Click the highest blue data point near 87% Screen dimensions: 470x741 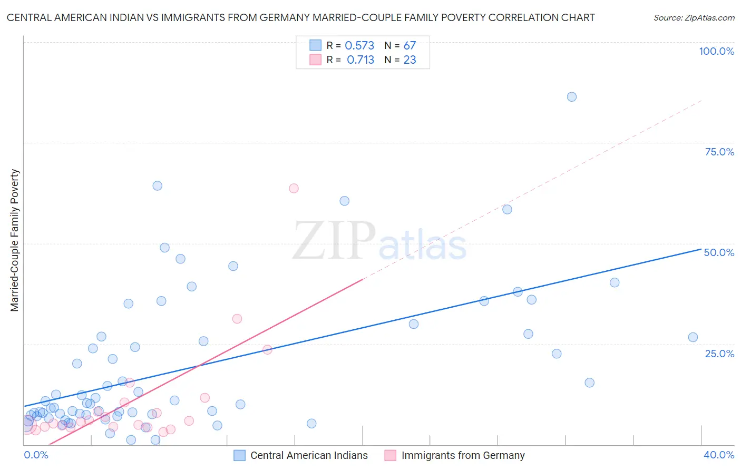[571, 97]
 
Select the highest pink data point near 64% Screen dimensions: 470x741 [294, 189]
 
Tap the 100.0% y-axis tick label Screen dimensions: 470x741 [716, 51]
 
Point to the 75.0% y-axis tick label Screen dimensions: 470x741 [719, 152]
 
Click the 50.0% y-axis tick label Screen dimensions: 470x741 [719, 252]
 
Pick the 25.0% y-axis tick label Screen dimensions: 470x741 [719, 354]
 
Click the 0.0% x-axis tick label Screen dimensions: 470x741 [36, 455]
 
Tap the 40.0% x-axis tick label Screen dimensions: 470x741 [719, 455]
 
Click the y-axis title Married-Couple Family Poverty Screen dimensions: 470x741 [15, 240]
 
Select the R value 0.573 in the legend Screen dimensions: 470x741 [359, 46]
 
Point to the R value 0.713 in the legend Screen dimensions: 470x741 [360, 60]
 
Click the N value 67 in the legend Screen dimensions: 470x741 [409, 46]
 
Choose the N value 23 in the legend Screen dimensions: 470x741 [409, 60]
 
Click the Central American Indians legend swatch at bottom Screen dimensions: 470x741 [240, 455]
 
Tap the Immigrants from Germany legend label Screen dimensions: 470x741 [463, 455]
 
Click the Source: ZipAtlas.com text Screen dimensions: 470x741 [694, 18]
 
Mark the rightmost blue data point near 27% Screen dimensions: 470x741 [693, 337]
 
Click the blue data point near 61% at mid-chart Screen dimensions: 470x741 [344, 201]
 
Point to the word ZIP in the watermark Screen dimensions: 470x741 [334, 241]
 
